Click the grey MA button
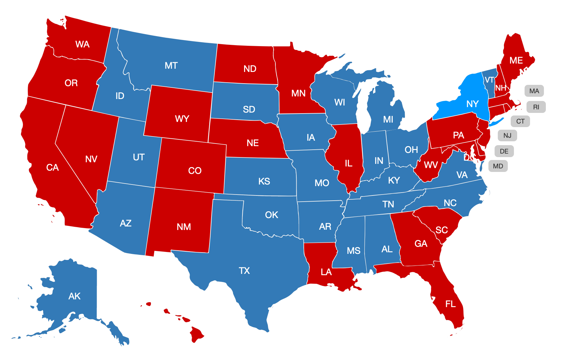click(534, 91)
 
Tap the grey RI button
click(536, 107)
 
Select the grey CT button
click(520, 121)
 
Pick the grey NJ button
click(507, 135)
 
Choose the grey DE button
click(504, 151)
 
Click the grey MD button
click(498, 166)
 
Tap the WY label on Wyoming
click(182, 119)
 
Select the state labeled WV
click(430, 165)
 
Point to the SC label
click(441, 230)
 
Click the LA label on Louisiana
click(326, 272)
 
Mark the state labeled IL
click(349, 163)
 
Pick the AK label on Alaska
click(74, 296)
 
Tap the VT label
click(489, 80)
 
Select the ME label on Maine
click(516, 61)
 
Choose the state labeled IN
click(379, 161)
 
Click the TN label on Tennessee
click(388, 204)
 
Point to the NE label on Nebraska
click(252, 143)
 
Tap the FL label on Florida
click(450, 304)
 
